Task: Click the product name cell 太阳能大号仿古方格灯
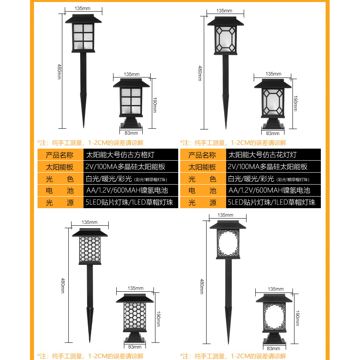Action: [x=131, y=155]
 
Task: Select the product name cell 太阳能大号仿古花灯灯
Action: [x=273, y=155]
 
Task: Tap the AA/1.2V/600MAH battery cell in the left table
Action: [x=131, y=190]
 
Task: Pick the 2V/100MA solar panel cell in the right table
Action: [x=273, y=167]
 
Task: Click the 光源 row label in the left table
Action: [x=60, y=203]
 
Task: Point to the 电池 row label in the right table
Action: [x=203, y=190]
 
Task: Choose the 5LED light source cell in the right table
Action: [x=273, y=203]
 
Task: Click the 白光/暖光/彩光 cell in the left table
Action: [x=131, y=178]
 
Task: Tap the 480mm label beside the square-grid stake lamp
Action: [x=59, y=72]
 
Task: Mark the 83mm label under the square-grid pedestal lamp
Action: [x=131, y=133]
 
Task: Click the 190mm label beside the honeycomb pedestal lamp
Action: [x=158, y=319]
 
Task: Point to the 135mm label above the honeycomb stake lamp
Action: [x=90, y=222]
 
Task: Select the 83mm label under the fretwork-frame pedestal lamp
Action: [x=273, y=348]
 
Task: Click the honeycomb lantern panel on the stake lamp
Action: [x=90, y=249]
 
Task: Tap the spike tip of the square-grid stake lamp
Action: [x=84, y=127]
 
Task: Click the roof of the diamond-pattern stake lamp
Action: [x=225, y=21]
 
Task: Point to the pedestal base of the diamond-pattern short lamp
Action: [x=273, y=124]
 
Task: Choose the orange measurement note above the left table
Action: [x=90, y=143]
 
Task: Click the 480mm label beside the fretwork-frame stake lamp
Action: [x=202, y=286]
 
